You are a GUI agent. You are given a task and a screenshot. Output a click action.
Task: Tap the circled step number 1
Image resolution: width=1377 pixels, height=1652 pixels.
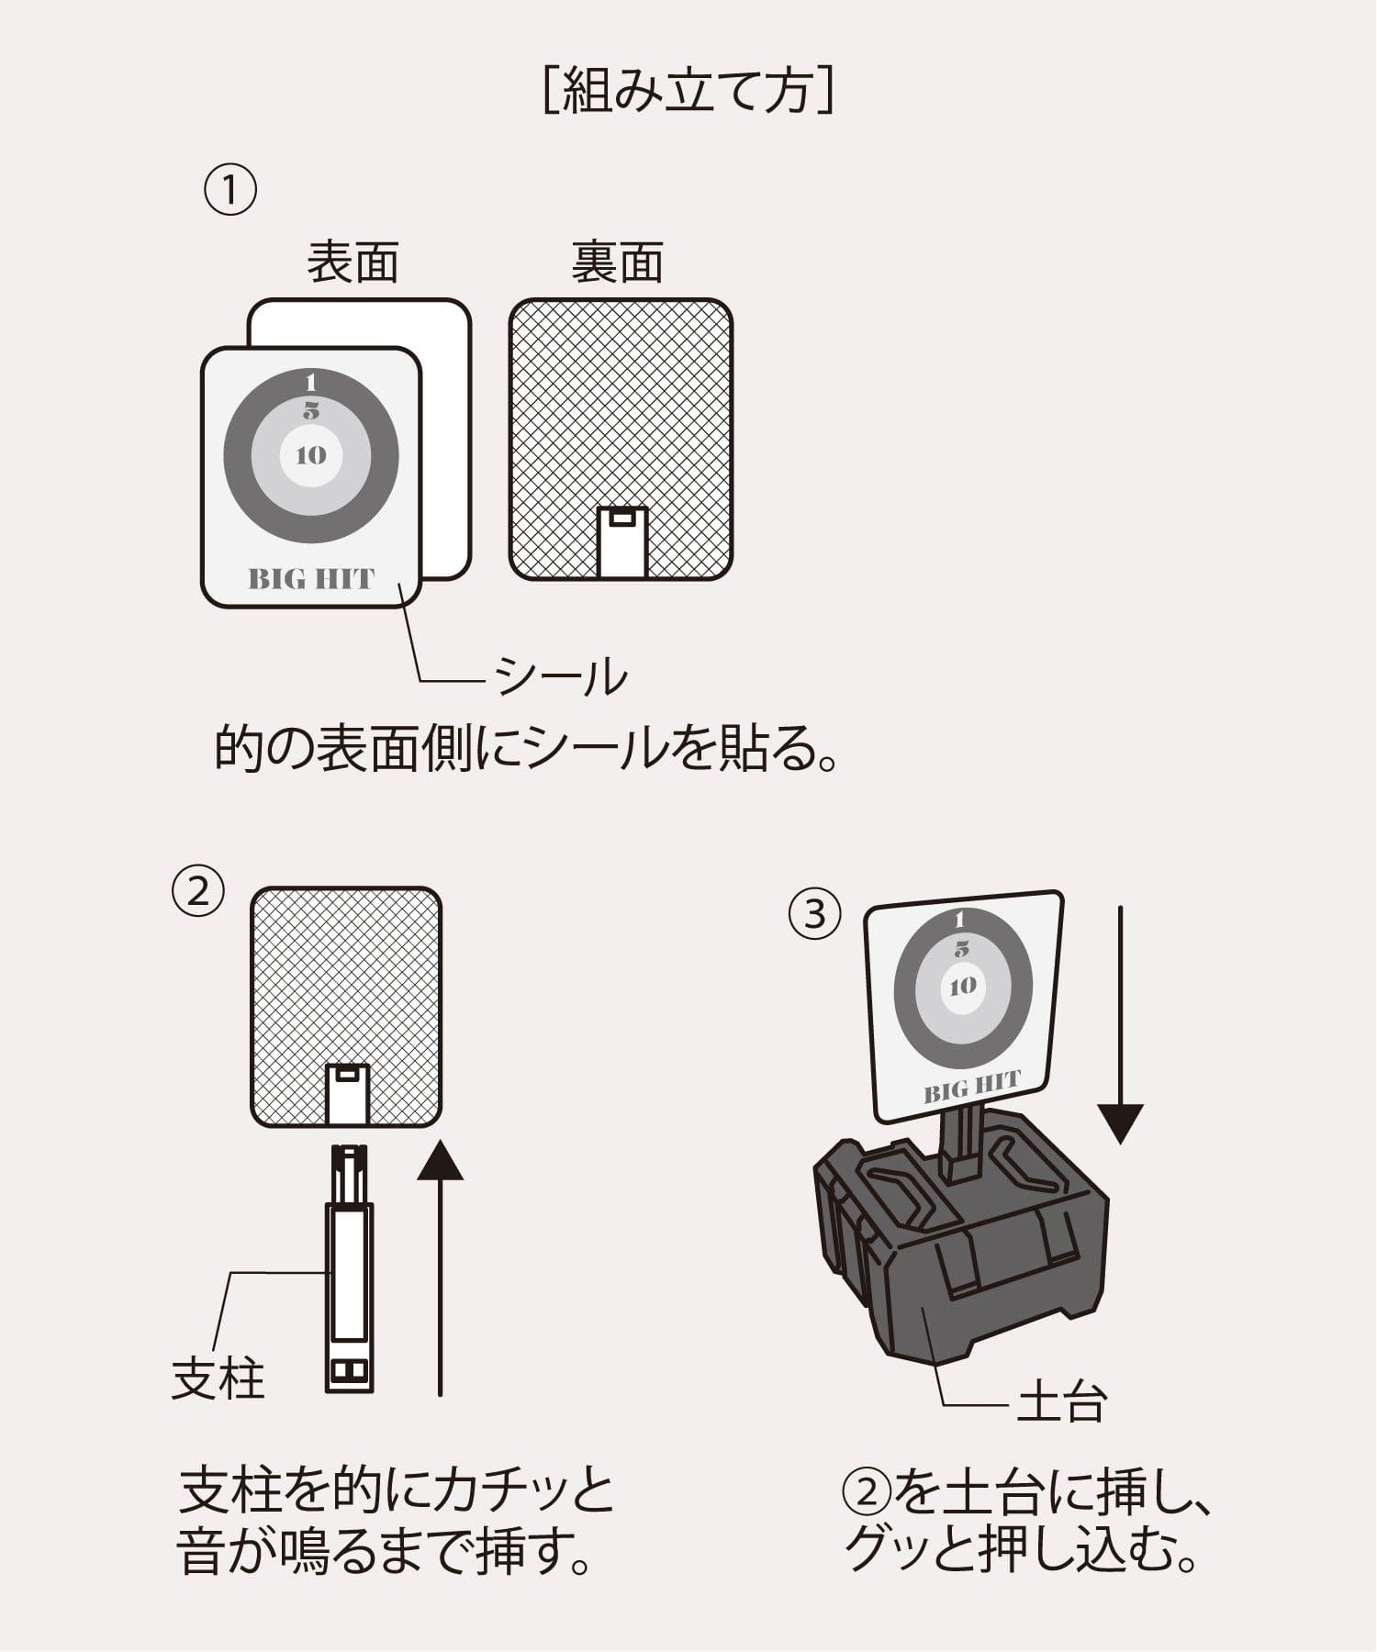229,191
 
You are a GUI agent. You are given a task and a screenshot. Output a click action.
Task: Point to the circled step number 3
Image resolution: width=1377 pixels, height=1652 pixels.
815,914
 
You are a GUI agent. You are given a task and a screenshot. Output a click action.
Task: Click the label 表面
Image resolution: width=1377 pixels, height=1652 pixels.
353,262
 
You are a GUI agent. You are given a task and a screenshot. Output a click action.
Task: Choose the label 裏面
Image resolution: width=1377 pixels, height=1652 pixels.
617,262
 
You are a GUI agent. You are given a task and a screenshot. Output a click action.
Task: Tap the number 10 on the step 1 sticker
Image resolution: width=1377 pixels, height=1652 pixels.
311,455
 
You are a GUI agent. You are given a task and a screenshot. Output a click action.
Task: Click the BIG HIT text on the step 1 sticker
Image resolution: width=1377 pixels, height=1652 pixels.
311,580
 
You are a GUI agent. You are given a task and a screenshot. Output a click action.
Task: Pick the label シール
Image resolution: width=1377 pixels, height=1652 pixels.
561,678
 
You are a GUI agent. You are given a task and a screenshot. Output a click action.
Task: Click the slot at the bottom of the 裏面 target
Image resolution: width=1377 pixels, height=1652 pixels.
622,541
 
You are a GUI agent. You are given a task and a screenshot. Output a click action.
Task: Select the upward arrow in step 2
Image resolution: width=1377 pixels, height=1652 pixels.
441,1267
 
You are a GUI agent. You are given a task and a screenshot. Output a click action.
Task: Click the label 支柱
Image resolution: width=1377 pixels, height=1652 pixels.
218,1379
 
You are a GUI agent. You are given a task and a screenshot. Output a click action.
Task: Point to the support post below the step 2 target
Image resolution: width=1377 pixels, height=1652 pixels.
349,1267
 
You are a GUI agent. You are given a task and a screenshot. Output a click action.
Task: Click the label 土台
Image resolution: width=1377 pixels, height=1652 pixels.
1061,1403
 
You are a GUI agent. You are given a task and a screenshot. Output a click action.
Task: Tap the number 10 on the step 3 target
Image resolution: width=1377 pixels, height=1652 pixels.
962,987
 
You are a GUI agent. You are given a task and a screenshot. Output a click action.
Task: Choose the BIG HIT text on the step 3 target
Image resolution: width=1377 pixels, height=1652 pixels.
971,1088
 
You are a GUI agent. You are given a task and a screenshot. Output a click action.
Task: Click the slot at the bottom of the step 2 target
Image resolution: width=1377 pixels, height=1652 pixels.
347,1094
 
